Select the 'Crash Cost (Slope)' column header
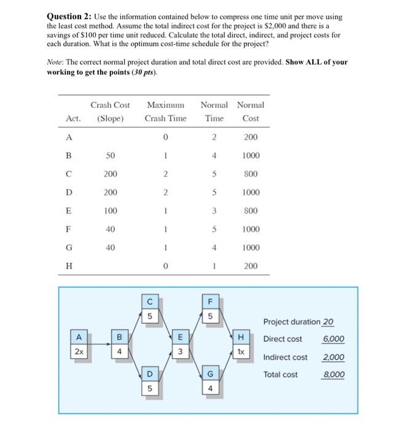click(110, 111)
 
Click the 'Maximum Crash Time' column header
click(166, 111)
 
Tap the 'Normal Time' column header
click(214, 111)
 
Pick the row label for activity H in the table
click(68, 266)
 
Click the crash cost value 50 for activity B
click(110, 155)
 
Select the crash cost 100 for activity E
click(110, 211)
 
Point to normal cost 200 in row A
click(251, 137)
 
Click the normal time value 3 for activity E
click(214, 211)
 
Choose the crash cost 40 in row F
click(110, 229)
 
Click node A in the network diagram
click(79, 337)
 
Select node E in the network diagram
click(180, 337)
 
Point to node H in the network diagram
click(241, 337)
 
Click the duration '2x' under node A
click(79, 352)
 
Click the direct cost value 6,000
click(334, 339)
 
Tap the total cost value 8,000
click(334, 375)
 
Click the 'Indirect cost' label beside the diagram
click(285, 357)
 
